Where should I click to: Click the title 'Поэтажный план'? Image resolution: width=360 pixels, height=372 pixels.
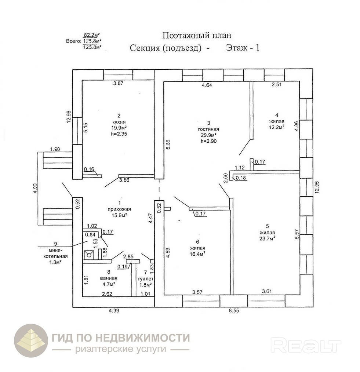197,35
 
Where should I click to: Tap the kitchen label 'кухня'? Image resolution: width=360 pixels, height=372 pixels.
119,122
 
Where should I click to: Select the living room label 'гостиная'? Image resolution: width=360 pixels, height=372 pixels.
209,129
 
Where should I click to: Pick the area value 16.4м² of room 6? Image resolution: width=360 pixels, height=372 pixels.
197,253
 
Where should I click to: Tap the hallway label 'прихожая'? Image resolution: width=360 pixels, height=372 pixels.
119,209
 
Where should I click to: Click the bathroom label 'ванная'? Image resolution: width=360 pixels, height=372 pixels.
108,278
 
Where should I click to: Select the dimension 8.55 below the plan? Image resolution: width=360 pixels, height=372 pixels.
234,310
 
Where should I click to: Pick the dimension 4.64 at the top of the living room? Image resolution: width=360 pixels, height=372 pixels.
207,85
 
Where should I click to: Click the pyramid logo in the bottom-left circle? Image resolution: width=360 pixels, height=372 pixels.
31,340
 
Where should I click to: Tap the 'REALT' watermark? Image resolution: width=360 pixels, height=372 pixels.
306,345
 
